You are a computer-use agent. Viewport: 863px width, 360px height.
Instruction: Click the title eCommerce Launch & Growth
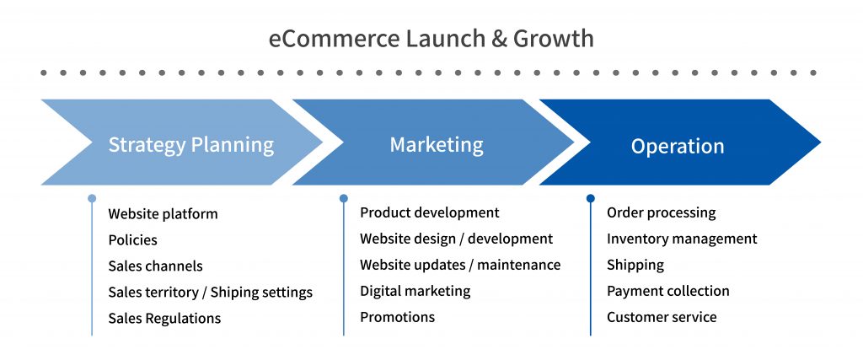pyautogui.click(x=431, y=39)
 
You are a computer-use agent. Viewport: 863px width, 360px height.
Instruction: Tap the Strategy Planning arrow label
pyautogui.click(x=191, y=145)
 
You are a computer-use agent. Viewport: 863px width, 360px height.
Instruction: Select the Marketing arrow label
pyautogui.click(x=437, y=145)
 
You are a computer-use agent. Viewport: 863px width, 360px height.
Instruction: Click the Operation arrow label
pyautogui.click(x=678, y=147)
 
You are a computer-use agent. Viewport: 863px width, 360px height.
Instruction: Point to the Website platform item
pyautogui.click(x=163, y=213)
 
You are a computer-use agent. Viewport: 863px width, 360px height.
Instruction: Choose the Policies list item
pyautogui.click(x=132, y=240)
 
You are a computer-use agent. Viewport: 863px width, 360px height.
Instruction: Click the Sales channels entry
pyautogui.click(x=155, y=266)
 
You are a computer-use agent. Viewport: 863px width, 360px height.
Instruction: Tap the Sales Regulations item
pyautogui.click(x=164, y=318)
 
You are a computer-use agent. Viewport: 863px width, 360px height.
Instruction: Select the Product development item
pyautogui.click(x=430, y=212)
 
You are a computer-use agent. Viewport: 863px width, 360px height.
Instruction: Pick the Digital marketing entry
pyautogui.click(x=415, y=291)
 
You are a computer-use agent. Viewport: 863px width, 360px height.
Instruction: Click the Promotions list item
pyautogui.click(x=398, y=317)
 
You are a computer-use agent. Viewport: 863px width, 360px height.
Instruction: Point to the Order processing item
pyautogui.click(x=662, y=213)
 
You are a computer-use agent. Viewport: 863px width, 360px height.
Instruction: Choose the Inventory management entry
pyautogui.click(x=682, y=239)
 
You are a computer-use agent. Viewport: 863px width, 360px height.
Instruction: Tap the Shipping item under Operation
pyautogui.click(x=635, y=266)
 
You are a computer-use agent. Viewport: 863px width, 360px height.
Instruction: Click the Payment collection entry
pyautogui.click(x=668, y=291)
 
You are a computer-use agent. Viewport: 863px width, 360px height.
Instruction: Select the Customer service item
pyautogui.click(x=662, y=317)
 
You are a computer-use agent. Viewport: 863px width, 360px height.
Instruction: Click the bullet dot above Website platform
pyautogui.click(x=92, y=198)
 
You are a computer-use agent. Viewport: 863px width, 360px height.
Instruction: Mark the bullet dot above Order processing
pyautogui.click(x=591, y=198)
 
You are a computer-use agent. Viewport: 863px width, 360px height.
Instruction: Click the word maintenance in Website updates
pyautogui.click(x=519, y=265)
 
